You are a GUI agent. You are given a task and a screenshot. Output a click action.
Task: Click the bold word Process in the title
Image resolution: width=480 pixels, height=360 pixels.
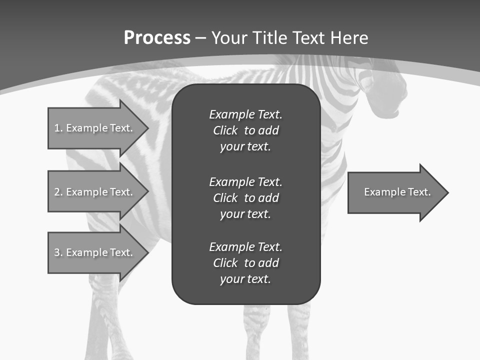click(157, 38)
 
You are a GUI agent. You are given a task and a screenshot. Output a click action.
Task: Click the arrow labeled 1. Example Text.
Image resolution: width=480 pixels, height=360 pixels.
click(95, 128)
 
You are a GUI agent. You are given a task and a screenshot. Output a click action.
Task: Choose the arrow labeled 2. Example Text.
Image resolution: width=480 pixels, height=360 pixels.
click(95, 192)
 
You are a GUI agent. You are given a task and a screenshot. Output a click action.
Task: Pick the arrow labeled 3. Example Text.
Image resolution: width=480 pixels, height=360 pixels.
click(95, 252)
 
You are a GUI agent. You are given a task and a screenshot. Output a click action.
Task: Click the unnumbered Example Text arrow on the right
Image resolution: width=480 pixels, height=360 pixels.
click(395, 192)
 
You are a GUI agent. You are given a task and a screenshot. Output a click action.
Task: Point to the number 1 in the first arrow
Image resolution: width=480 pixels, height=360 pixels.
click(56, 128)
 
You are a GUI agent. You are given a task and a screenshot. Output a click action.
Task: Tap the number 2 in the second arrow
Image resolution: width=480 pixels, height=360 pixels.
click(57, 192)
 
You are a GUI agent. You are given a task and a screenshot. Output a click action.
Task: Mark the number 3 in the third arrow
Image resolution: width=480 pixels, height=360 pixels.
click(57, 252)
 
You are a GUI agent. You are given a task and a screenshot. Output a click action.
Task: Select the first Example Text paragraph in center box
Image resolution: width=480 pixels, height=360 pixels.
click(245, 130)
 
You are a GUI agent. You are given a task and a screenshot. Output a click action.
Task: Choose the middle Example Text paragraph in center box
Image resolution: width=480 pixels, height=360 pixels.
click(245, 197)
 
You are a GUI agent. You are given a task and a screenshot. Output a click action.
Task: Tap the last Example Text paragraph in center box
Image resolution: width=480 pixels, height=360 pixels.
click(245, 263)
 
